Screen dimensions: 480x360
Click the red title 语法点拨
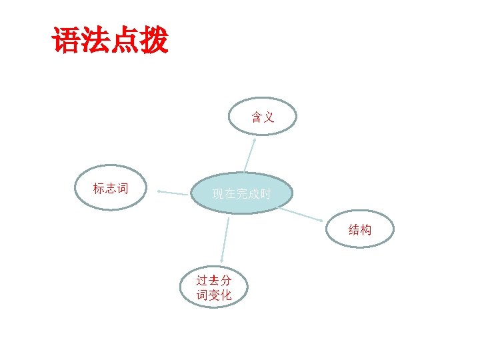pos(110,41)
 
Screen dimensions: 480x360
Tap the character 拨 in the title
pos(154,41)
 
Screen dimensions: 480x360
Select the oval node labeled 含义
pos(263,117)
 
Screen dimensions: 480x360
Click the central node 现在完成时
pos(241,194)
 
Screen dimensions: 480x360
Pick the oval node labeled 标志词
pos(111,188)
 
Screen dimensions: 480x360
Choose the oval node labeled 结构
pos(360,230)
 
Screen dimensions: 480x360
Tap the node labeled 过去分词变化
pos(214,287)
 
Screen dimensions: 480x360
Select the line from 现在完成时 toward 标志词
pos(175,193)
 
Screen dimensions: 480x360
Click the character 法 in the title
pos(95,41)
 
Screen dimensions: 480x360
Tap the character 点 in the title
pos(125,41)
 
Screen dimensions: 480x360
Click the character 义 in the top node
pos(269,117)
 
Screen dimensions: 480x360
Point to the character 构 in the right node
pos(366,230)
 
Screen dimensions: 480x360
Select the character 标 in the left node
pos(99,188)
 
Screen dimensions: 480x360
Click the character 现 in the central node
pos(217,195)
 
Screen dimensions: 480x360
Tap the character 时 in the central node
pos(265,195)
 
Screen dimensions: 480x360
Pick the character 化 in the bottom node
pos(226,295)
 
